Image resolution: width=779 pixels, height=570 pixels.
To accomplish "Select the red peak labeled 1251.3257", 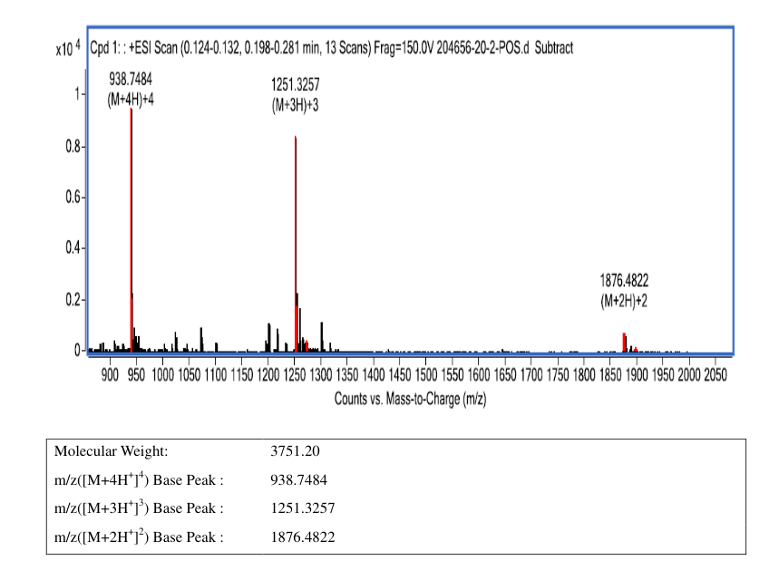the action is point(296,244).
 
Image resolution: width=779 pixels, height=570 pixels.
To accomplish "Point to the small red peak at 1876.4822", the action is point(625,343).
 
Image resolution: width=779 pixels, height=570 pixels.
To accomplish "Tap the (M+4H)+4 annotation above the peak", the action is point(131,100).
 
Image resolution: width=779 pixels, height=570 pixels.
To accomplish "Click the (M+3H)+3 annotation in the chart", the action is point(295,105).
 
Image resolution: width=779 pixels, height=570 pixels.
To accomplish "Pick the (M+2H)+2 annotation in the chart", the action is point(624,301).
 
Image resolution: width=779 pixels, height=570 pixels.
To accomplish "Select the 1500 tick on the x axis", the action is point(425,374).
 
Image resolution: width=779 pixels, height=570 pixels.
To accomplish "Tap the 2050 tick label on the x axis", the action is point(716,374).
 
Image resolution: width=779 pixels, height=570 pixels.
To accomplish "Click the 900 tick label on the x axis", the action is point(110,374).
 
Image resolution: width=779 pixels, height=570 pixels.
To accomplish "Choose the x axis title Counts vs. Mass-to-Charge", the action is point(410,399).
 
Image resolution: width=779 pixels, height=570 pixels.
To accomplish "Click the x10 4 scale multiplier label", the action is point(68,49).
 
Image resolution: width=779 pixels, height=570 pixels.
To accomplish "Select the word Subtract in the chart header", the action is point(554,48).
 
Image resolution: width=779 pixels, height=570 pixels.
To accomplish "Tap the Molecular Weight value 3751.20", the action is point(295,451).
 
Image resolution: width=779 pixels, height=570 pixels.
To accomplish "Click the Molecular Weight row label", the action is point(112,451).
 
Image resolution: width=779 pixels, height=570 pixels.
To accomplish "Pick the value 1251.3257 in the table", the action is point(303,508).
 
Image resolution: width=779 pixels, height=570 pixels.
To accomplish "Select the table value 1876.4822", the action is point(303,536).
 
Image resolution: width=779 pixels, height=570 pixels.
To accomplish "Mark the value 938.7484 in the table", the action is point(298,479).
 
